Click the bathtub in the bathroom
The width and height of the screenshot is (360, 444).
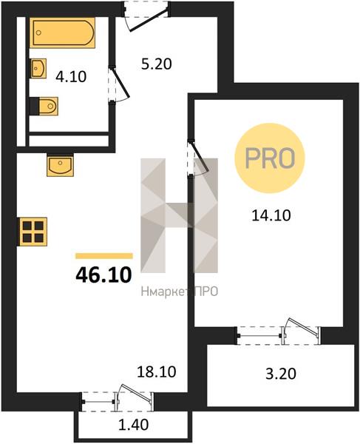62,33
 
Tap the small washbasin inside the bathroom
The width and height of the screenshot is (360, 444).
38,68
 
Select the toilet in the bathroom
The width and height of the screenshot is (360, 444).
44,106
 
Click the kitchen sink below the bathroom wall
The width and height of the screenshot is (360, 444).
60,165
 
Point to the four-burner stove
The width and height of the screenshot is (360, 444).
33,232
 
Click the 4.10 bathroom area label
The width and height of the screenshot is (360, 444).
71,77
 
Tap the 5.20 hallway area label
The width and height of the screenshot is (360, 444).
157,64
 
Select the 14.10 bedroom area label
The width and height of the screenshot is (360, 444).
271,215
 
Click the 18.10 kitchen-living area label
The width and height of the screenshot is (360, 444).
157,371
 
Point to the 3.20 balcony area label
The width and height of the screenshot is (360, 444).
281,374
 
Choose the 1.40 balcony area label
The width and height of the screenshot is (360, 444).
133,425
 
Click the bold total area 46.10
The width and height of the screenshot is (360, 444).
103,275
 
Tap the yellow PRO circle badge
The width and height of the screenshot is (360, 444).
270,158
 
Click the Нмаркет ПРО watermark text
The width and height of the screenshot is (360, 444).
180,292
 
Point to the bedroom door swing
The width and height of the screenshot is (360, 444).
199,158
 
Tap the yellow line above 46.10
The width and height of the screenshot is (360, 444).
104,256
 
